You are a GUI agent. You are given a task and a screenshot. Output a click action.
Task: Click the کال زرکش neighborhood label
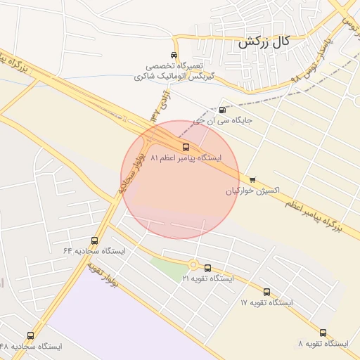point(264,42)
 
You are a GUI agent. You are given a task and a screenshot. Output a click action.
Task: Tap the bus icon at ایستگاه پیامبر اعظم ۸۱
point(186,148)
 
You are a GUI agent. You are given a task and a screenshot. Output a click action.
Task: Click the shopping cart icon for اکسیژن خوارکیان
point(252,180)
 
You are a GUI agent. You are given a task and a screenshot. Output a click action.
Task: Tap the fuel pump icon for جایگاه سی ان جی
point(223,110)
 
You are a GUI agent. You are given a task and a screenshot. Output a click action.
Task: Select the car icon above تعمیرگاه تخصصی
point(174,56)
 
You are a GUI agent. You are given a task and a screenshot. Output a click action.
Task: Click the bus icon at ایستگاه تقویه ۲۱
point(207,268)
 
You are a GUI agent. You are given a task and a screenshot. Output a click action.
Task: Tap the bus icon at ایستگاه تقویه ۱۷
point(266,292)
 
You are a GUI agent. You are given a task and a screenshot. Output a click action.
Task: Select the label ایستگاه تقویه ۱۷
point(266,302)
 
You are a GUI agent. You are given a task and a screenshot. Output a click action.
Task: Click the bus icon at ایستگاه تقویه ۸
point(323,333)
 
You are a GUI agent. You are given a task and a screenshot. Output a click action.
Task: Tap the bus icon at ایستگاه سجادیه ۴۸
point(30,336)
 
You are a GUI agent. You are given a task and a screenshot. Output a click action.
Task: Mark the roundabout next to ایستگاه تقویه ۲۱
point(193,265)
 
